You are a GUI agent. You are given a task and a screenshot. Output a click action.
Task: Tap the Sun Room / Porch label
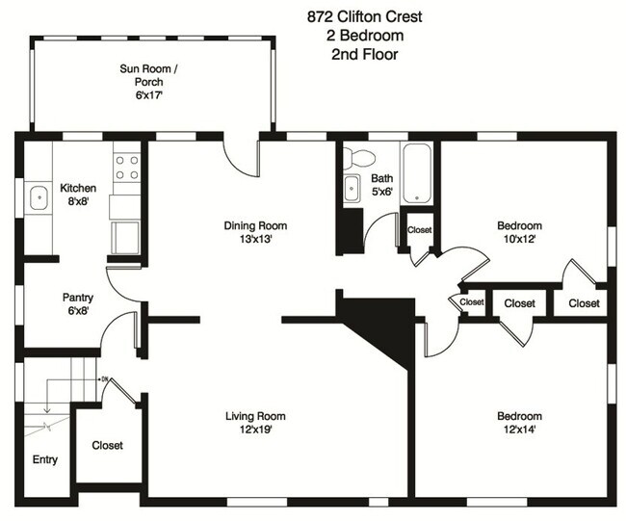pyautogui.click(x=148, y=82)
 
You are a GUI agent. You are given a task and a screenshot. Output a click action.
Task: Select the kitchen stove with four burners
pyautogui.click(x=126, y=168)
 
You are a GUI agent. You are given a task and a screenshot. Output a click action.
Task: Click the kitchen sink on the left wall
pyautogui.click(x=38, y=198)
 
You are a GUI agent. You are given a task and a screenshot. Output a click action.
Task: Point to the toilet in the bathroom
pyautogui.click(x=361, y=157)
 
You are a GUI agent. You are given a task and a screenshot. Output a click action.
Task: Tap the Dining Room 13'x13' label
pyautogui.click(x=255, y=232)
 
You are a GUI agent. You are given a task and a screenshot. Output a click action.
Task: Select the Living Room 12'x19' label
pyautogui.click(x=255, y=422)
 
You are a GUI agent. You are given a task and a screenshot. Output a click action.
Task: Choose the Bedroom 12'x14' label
pyautogui.click(x=519, y=422)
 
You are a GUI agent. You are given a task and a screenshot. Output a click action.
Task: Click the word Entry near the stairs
pyautogui.click(x=45, y=459)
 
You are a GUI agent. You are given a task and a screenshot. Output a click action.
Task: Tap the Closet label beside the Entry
pyautogui.click(x=107, y=445)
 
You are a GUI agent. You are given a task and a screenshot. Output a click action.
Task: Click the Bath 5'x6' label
pyautogui.click(x=382, y=184)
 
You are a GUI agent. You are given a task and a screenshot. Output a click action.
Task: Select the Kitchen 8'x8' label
pyautogui.click(x=77, y=195)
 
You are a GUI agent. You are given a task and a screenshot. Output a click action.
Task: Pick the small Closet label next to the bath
pyautogui.click(x=419, y=230)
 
